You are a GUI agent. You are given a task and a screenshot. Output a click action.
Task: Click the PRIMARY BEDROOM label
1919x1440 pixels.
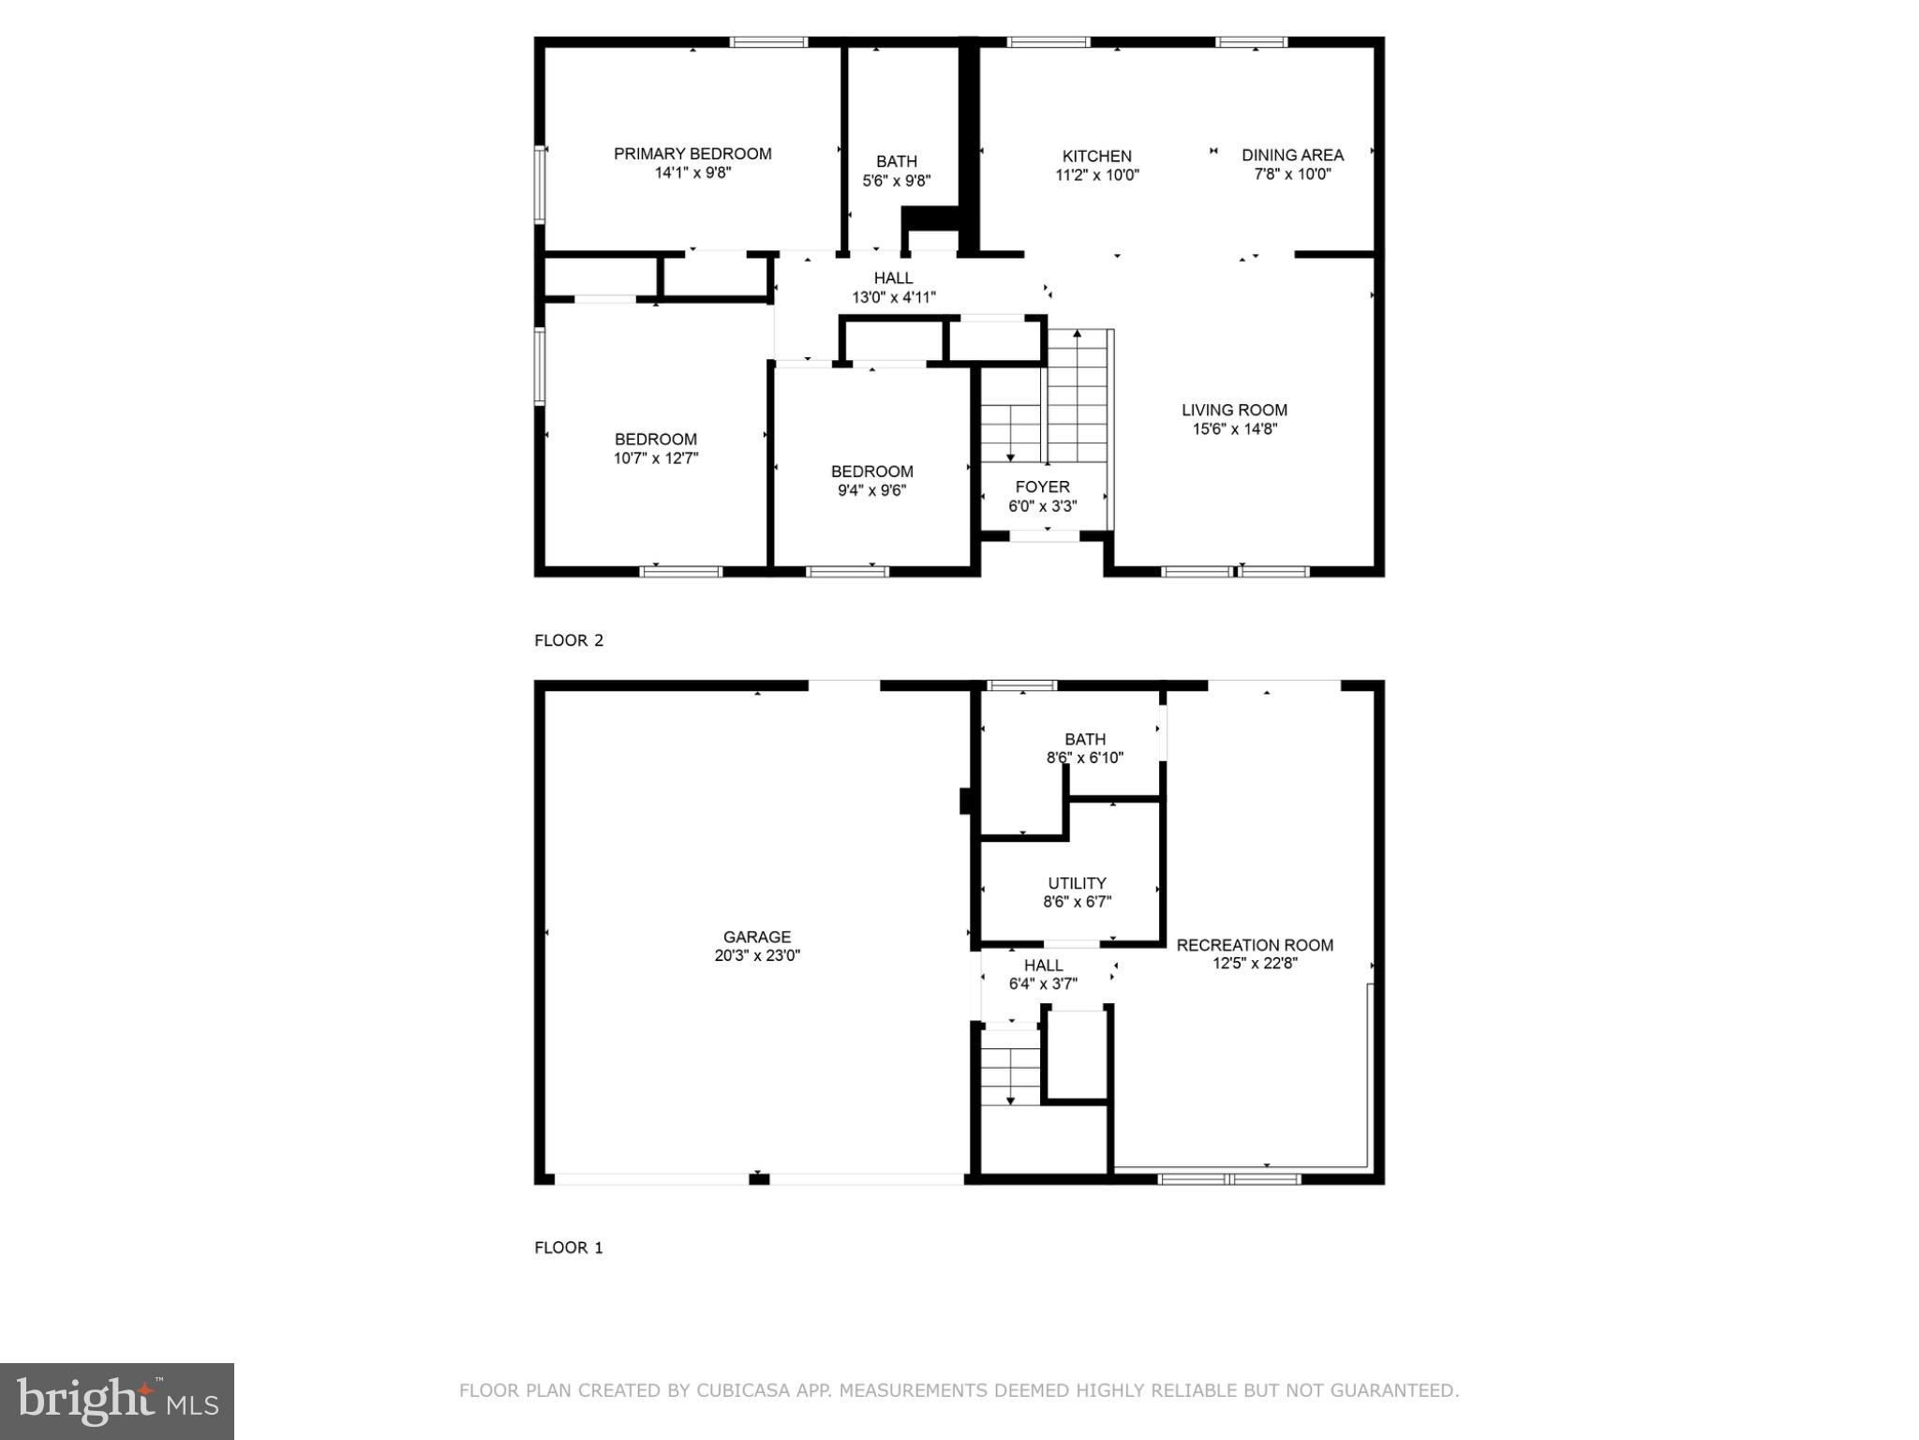pyautogui.click(x=692, y=154)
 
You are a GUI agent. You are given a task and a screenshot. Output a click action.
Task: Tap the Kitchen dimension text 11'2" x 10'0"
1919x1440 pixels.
pyautogui.click(x=1096, y=175)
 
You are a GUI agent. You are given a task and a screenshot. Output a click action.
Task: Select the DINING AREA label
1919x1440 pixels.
pyautogui.click(x=1292, y=155)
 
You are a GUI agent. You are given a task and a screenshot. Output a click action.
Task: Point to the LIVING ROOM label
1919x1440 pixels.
pyautogui.click(x=1234, y=410)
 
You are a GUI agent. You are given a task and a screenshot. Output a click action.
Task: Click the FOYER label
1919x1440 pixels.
pyautogui.click(x=1042, y=487)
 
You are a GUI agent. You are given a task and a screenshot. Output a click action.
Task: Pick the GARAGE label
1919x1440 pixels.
pyautogui.click(x=756, y=937)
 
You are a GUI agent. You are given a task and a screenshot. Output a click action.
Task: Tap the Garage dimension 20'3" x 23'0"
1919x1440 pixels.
pyautogui.click(x=756, y=956)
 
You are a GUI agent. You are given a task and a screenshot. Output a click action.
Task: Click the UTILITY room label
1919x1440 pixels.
pyautogui.click(x=1077, y=883)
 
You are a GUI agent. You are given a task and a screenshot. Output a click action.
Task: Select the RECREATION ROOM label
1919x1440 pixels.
pyautogui.click(x=1255, y=945)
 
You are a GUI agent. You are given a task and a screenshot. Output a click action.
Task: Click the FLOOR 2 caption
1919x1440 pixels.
pyautogui.click(x=569, y=640)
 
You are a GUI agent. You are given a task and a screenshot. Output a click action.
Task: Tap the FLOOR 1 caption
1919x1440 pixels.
pyautogui.click(x=569, y=1248)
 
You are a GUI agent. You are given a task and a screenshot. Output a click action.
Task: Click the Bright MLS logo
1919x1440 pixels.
pyautogui.click(x=117, y=1401)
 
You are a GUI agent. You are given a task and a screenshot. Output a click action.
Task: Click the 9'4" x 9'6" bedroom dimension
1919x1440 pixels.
pyautogui.click(x=871, y=490)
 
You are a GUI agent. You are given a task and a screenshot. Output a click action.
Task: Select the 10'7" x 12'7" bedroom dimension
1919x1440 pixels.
pyautogui.click(x=655, y=458)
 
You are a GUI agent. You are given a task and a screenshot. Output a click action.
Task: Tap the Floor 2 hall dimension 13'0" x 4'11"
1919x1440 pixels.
pyautogui.click(x=893, y=298)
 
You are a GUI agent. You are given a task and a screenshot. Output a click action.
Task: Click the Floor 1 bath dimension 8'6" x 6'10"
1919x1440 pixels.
pyautogui.click(x=1084, y=757)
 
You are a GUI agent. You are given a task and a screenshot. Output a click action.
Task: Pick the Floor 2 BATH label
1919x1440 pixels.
pyautogui.click(x=896, y=161)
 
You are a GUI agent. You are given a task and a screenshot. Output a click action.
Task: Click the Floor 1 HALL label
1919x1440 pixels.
pyautogui.click(x=1043, y=965)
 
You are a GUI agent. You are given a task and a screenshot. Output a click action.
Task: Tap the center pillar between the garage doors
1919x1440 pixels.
pyautogui.click(x=759, y=1178)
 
